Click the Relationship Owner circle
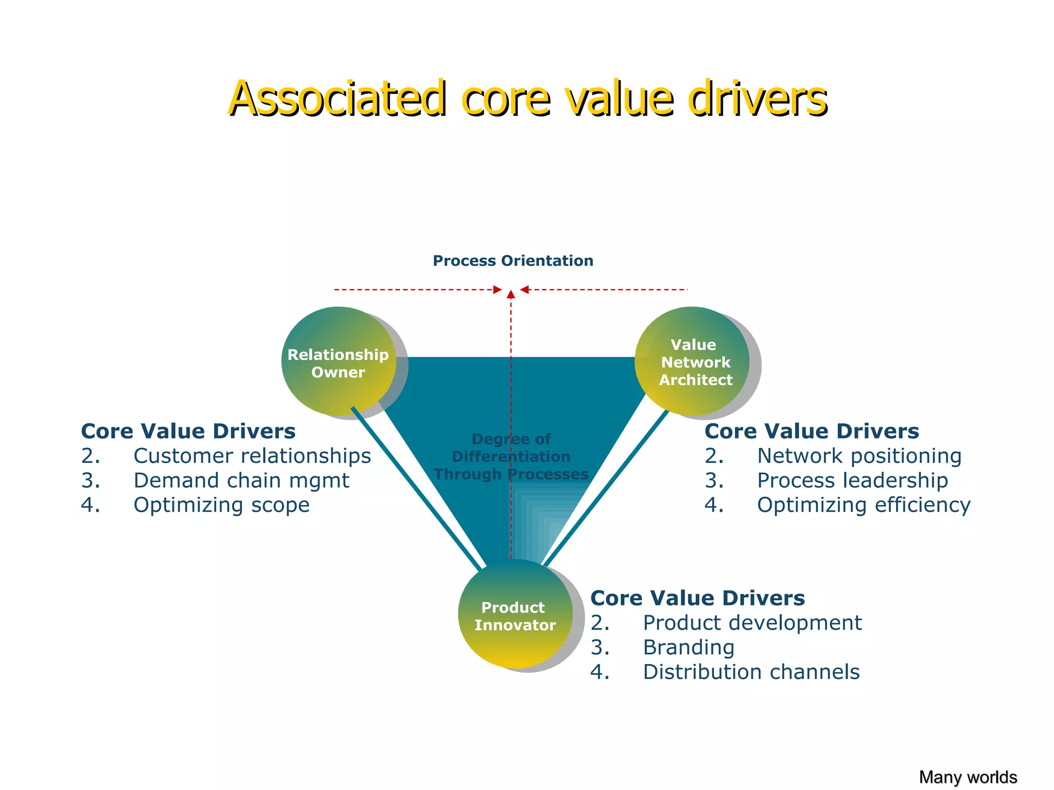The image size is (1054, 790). (338, 362)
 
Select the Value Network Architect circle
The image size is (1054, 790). (692, 362)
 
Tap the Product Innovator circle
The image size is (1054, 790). (515, 614)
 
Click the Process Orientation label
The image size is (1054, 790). (513, 261)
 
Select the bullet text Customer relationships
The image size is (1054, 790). (252, 456)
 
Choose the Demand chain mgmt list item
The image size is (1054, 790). (241, 481)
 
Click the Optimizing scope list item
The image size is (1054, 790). (221, 505)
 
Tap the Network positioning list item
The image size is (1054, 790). (859, 456)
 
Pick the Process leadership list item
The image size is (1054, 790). (852, 481)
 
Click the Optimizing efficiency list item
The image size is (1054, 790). (864, 505)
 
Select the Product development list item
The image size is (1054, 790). (752, 623)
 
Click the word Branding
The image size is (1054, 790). (689, 648)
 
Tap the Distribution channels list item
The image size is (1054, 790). (751, 672)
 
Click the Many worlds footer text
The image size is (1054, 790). (968, 777)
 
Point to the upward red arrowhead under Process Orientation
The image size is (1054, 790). (511, 294)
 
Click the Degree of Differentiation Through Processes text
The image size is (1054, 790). (511, 457)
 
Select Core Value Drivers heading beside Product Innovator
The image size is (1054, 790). (697, 598)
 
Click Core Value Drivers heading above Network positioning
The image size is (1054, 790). (812, 432)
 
